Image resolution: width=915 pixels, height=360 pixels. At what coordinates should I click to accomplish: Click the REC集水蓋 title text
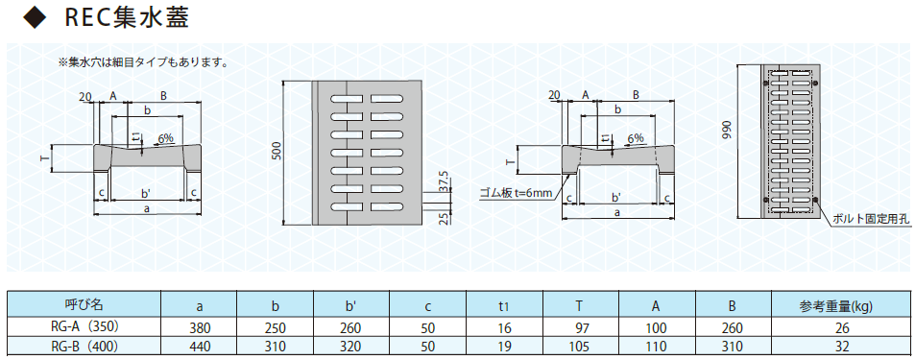coord(126,17)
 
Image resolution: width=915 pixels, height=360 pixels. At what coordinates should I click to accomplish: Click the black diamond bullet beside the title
coord(34,18)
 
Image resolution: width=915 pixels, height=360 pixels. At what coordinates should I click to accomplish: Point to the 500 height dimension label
coord(277,152)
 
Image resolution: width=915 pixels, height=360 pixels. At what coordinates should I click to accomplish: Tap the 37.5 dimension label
coord(445,181)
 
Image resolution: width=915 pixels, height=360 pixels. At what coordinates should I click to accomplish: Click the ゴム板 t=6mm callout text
coord(516,193)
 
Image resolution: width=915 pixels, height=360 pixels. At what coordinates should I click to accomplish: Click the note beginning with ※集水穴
coord(142,61)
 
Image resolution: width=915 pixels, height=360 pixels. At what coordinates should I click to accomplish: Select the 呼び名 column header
coord(84,304)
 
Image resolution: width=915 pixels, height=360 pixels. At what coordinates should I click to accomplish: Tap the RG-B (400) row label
coord(84,347)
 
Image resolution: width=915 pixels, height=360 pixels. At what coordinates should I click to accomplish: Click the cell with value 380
coord(199,328)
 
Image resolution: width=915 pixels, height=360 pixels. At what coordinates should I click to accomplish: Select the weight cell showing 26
coord(842,328)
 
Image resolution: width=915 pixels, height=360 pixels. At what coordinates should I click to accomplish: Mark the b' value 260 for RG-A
coord(350,328)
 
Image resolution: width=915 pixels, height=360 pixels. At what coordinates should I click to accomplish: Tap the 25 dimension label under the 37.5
coord(445,217)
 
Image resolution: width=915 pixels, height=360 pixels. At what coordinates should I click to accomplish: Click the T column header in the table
coord(581,305)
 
